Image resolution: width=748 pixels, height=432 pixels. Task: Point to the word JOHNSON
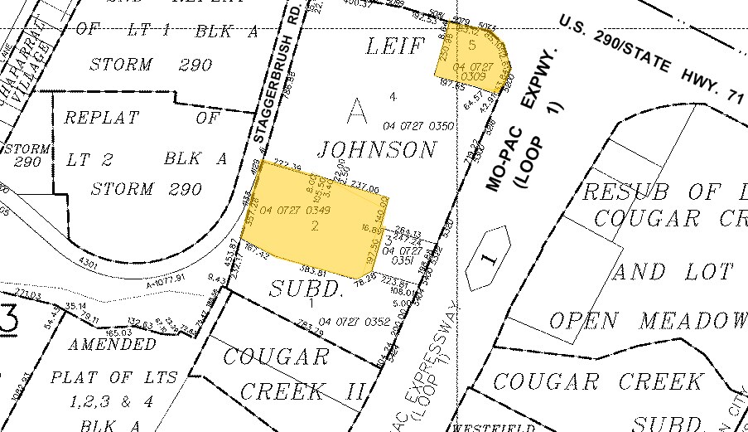point(377,150)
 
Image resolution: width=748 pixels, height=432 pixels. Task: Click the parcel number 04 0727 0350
point(418,126)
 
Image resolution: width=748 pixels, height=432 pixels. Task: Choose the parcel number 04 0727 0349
point(296,211)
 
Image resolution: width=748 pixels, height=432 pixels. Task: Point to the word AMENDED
point(113,343)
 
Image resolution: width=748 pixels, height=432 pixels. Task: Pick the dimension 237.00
point(364,188)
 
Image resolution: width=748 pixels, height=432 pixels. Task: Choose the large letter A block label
point(356,109)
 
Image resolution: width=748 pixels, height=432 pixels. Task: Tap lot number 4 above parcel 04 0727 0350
point(393,97)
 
